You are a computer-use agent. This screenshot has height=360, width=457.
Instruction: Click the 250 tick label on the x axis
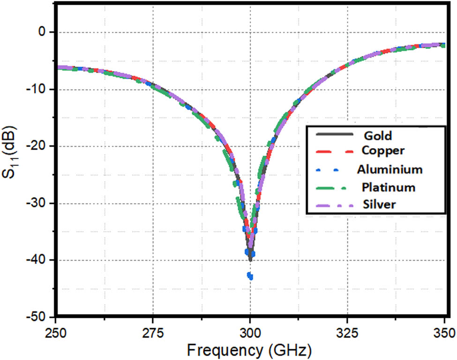pyautogui.click(x=56, y=333)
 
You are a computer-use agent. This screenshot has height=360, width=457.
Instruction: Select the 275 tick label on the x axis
pyautogui.click(x=153, y=333)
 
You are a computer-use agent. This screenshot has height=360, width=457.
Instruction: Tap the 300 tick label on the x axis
pyautogui.click(x=250, y=333)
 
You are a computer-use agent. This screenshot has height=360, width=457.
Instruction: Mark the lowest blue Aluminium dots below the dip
pyautogui.click(x=250, y=276)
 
